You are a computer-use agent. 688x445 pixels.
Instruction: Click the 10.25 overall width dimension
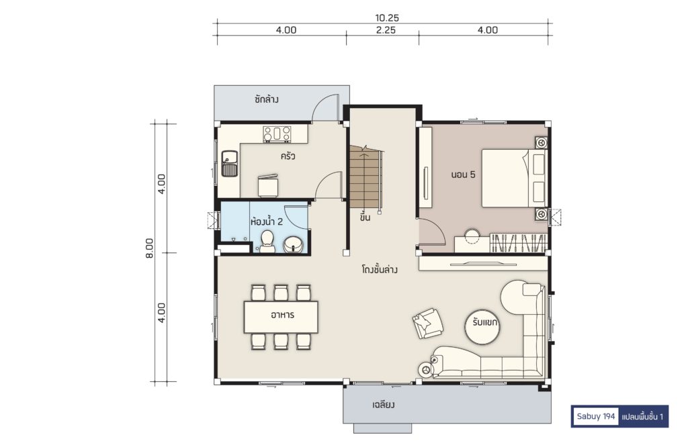(x=386, y=18)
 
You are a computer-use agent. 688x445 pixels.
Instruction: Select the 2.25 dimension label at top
(x=386, y=30)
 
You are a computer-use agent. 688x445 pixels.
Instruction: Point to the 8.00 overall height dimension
(x=150, y=248)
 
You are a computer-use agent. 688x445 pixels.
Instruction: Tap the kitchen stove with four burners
(x=277, y=134)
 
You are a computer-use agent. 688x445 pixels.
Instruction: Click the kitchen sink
(x=230, y=163)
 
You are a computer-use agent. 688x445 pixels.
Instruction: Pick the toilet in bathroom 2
(x=267, y=242)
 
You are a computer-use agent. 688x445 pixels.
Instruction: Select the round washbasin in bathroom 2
(x=293, y=244)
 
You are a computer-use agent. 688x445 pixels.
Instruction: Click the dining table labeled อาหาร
(x=282, y=317)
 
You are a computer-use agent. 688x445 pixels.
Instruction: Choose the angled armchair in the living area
(x=427, y=324)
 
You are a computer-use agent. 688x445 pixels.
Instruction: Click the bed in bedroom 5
(x=514, y=178)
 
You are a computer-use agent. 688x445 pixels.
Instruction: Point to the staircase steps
(x=364, y=178)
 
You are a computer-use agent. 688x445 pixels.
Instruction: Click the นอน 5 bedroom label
(x=464, y=175)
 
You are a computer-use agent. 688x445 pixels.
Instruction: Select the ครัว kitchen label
(x=288, y=156)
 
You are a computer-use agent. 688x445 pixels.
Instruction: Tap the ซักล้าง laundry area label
(x=266, y=99)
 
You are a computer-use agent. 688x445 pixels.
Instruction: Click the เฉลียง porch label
(x=383, y=404)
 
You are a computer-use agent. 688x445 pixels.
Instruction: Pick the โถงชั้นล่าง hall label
(x=380, y=269)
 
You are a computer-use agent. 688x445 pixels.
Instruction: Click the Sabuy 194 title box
(x=596, y=417)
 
